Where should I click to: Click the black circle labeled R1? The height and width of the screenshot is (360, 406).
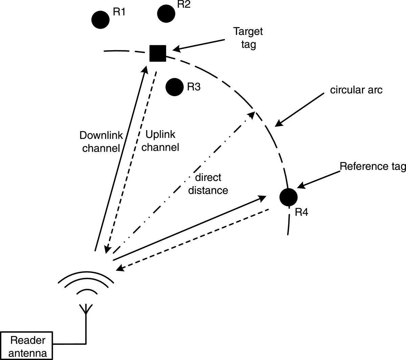coord(100,20)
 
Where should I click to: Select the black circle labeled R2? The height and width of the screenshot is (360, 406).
coord(166,14)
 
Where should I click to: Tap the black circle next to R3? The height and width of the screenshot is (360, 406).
coord(174,87)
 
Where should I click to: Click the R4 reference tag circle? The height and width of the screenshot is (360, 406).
coord(289,197)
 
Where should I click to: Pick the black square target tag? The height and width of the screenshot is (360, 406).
coord(158,53)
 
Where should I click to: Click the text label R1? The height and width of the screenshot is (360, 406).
coord(119,12)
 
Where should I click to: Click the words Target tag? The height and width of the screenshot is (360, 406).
coord(248,38)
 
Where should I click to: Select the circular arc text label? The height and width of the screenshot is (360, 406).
coord(356,90)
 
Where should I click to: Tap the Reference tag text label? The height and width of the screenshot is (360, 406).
coord(373,166)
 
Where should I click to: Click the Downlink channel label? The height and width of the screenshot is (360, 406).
coord(100,141)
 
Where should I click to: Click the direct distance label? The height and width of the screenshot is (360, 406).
coord(208,184)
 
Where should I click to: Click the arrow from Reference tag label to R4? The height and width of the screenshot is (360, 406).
coord(318,178)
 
